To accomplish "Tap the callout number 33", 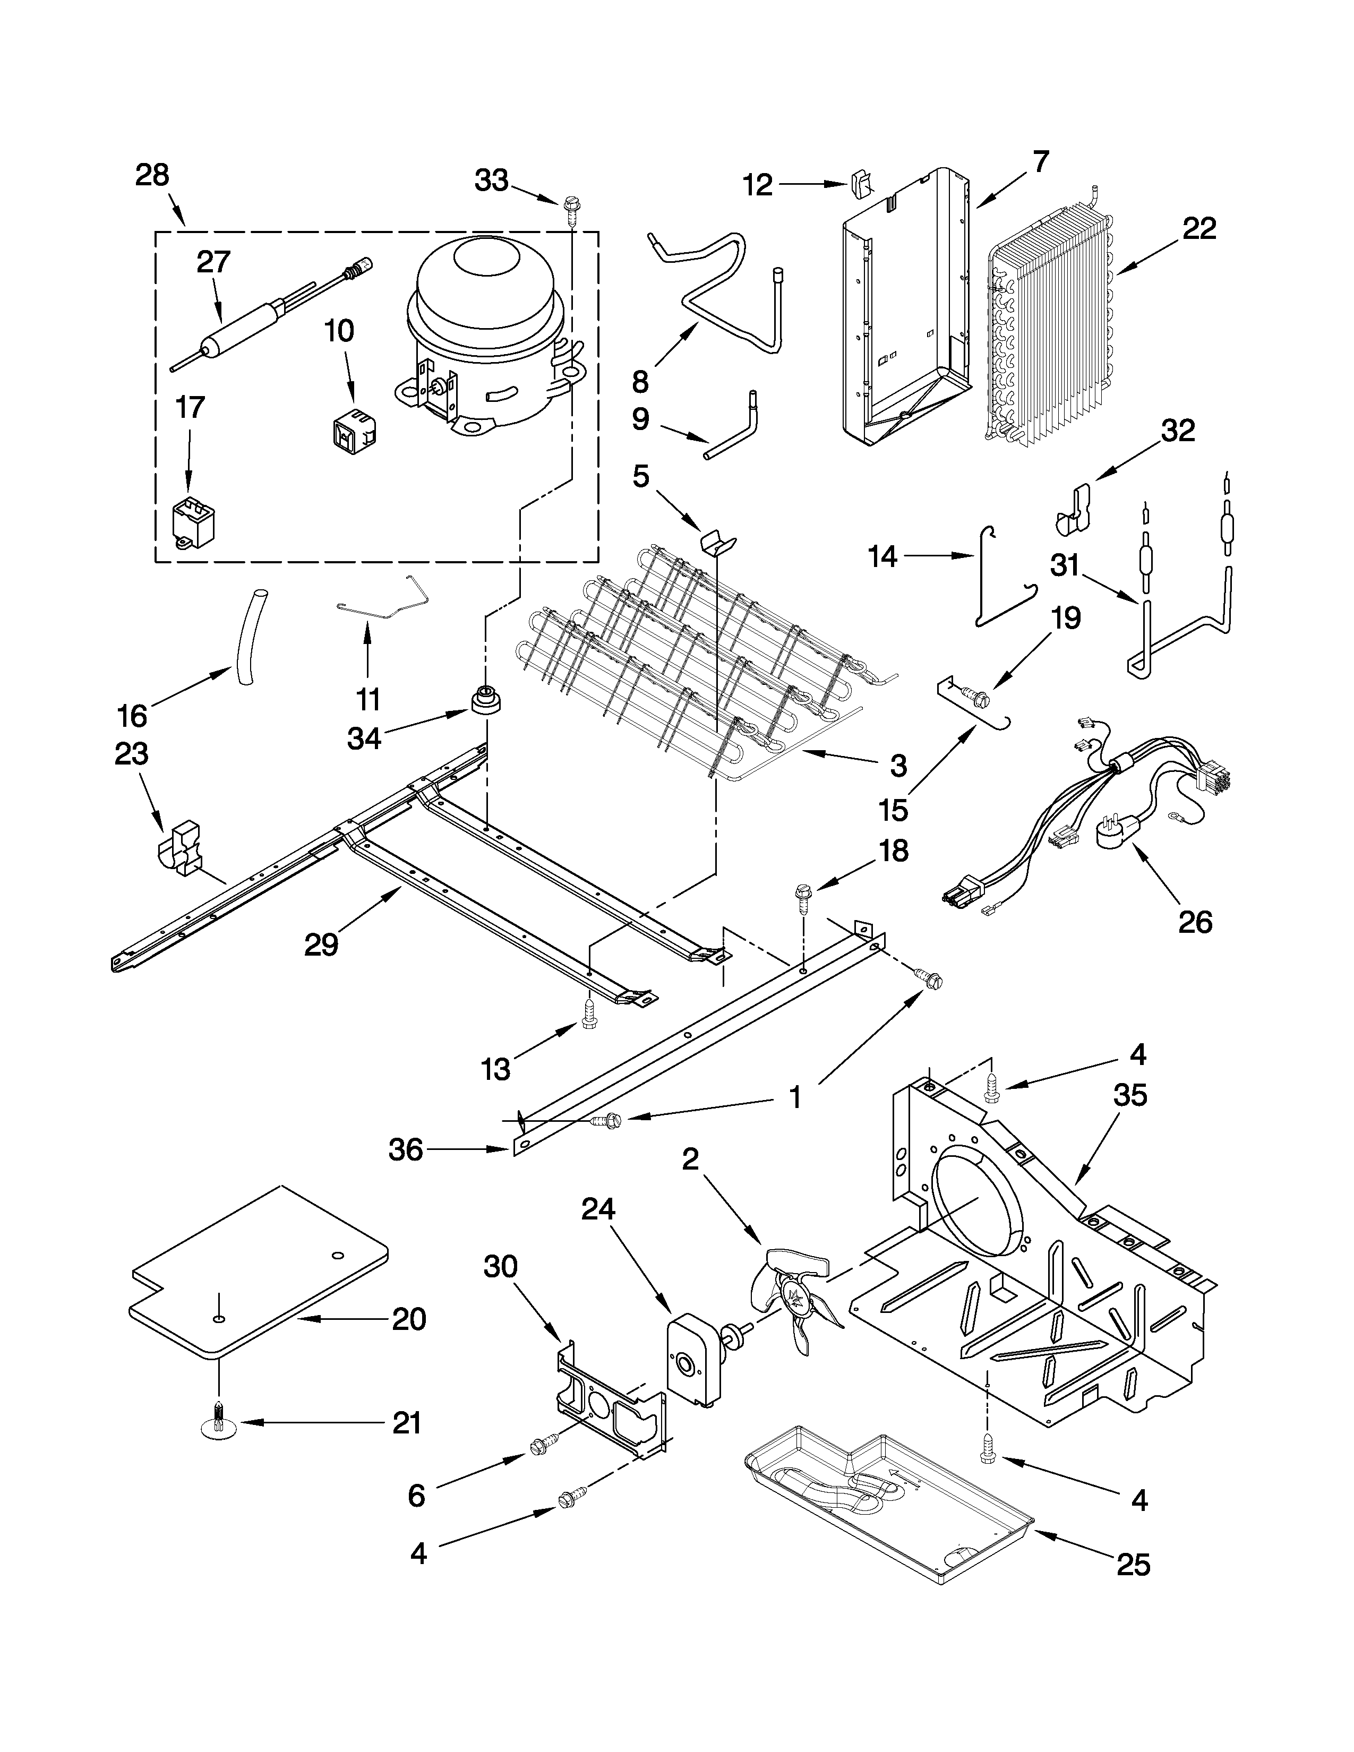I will pos(491,181).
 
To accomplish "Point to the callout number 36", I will pos(405,1150).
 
